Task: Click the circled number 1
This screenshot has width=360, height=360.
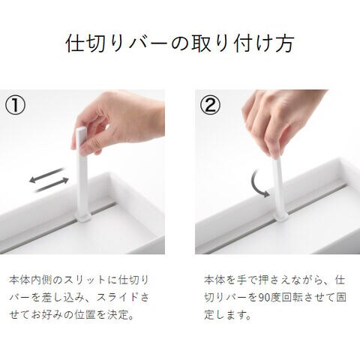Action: [x=15, y=106]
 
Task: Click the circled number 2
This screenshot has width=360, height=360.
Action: [x=210, y=106]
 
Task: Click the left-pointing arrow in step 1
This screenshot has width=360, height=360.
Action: [x=46, y=175]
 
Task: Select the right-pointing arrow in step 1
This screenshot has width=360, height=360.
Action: [x=52, y=184]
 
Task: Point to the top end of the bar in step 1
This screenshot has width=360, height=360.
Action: [x=81, y=129]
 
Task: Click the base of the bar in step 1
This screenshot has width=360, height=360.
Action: [x=83, y=217]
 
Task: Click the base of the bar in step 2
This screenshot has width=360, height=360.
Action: [x=281, y=215]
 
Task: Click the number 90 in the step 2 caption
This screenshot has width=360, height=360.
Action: [x=264, y=298]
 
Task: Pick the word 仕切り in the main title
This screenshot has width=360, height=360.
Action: [x=96, y=43]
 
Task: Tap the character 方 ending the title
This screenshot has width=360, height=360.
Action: [x=284, y=43]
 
